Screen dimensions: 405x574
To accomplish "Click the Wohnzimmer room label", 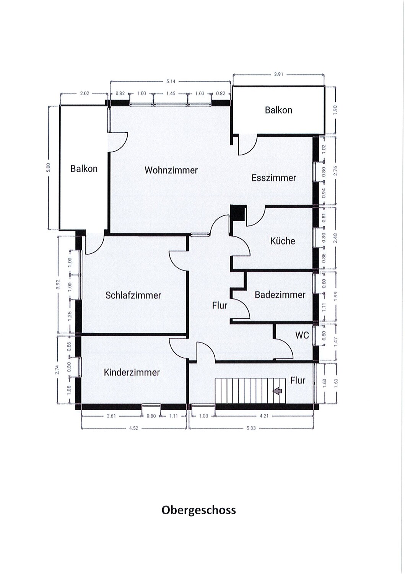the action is (171, 170).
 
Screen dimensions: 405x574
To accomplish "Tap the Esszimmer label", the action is (273, 178).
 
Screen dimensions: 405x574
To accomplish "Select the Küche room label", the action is (283, 241).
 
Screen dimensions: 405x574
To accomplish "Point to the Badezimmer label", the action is (280, 295).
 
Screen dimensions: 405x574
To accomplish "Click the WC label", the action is (302, 335).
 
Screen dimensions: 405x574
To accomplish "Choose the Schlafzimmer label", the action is (133, 295).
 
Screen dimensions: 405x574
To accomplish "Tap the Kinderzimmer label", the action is (132, 372).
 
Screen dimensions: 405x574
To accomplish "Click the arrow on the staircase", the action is (277, 391).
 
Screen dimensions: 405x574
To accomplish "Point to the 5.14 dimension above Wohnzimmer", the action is (171, 82).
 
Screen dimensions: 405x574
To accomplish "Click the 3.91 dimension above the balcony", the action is (278, 75).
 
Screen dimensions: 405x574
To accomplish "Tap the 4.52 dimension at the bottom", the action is (134, 428).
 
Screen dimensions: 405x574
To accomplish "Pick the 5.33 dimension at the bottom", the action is (251, 428).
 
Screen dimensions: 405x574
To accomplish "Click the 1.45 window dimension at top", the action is (171, 93).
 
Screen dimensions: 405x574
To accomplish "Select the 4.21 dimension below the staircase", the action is (264, 416).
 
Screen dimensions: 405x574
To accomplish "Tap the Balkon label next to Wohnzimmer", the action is (84, 169).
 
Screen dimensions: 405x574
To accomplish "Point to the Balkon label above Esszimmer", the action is (278, 110).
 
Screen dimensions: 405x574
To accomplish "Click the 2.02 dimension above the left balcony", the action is (85, 93).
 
